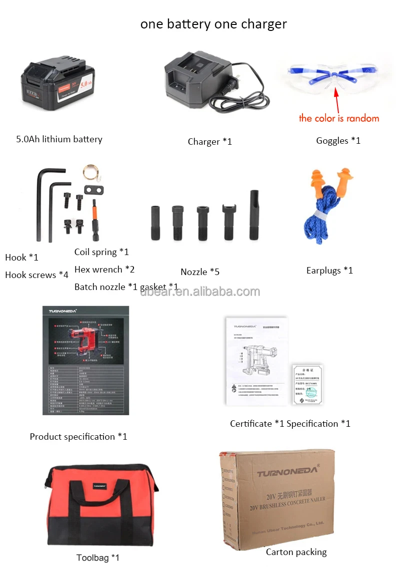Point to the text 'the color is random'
(339, 118)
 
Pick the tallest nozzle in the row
(254, 215)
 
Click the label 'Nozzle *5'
(200, 272)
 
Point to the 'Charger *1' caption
(210, 142)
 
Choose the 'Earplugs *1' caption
(329, 271)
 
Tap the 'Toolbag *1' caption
(98, 558)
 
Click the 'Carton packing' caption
(296, 552)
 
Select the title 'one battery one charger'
(213, 24)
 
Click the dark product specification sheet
(85, 360)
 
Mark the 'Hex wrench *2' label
(104, 270)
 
